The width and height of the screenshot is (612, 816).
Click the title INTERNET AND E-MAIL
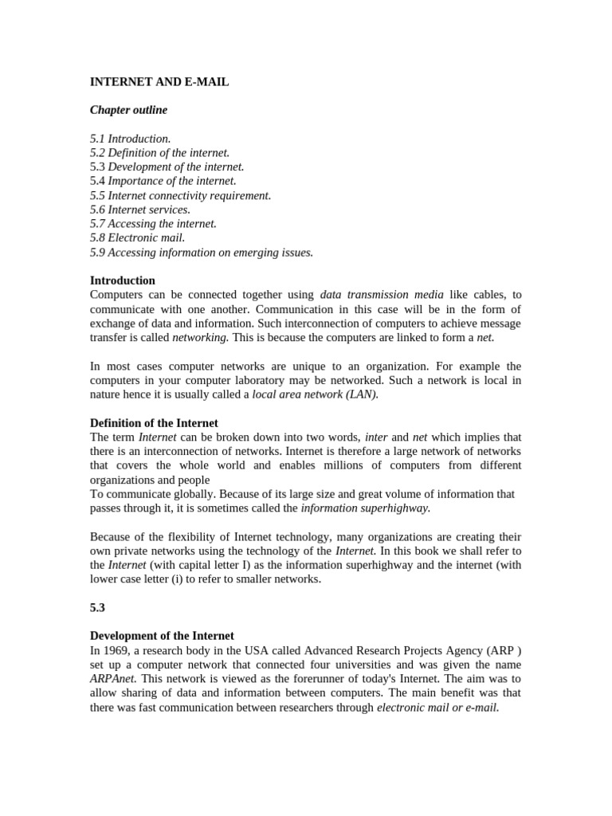tap(159, 81)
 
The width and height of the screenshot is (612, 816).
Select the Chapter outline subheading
tap(128, 110)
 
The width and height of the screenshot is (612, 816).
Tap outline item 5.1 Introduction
tap(131, 139)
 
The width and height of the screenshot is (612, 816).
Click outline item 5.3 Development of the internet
tap(167, 167)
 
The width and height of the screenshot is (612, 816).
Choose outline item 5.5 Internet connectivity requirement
tap(181, 195)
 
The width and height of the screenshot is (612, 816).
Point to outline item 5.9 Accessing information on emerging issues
tap(202, 252)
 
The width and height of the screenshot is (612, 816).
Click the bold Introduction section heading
tap(123, 280)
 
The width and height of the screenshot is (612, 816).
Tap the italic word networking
tap(200, 337)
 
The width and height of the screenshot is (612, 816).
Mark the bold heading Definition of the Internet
tap(154, 423)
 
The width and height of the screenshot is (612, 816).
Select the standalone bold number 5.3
tap(97, 607)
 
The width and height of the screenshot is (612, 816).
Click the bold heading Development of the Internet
tap(162, 636)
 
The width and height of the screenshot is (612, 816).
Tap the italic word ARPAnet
tap(113, 678)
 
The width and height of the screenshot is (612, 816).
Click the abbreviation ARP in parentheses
tap(499, 650)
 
